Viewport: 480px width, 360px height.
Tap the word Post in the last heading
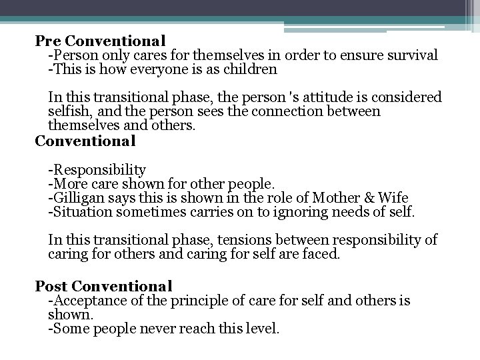51,286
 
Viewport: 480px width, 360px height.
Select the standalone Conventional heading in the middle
85,141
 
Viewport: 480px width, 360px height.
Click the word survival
412,55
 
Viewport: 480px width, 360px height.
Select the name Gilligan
75,198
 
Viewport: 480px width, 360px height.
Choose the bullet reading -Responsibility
97,170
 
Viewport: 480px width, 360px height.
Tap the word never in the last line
149,329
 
